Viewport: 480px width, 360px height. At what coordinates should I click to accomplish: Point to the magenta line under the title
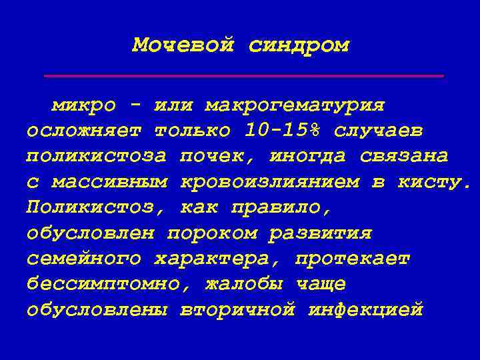click(x=244, y=77)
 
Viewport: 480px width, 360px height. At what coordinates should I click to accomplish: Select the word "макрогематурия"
click(x=295, y=105)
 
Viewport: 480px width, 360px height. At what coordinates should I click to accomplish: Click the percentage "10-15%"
click(x=276, y=131)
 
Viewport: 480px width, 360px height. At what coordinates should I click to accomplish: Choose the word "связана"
click(x=404, y=156)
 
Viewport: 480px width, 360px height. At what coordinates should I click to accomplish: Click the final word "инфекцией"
click(x=366, y=310)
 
